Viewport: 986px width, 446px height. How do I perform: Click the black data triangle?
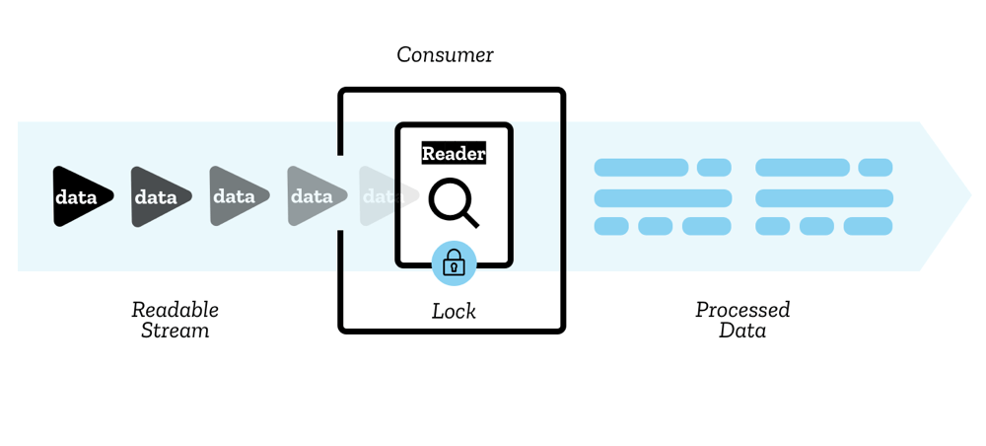click(78, 196)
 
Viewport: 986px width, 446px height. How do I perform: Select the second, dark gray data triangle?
click(157, 196)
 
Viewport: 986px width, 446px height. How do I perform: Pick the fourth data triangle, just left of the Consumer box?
click(313, 196)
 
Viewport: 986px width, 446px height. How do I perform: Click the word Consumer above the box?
click(445, 54)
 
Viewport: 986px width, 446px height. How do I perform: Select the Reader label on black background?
click(454, 153)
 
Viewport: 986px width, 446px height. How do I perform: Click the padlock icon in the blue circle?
click(454, 262)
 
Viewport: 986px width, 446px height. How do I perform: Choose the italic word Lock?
click(454, 311)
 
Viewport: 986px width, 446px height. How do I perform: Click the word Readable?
click(175, 310)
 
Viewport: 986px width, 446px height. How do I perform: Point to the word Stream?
click(175, 331)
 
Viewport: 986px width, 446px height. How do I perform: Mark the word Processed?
click(742, 310)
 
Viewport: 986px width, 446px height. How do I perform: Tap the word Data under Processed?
click(742, 331)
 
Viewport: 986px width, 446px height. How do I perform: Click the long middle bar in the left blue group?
click(663, 197)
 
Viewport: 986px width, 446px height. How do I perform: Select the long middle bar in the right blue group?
click(823, 197)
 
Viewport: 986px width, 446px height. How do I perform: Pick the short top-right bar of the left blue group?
click(714, 168)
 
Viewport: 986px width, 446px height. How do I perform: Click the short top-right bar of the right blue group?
click(875, 168)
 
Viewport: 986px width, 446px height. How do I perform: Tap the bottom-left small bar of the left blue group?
click(611, 227)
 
